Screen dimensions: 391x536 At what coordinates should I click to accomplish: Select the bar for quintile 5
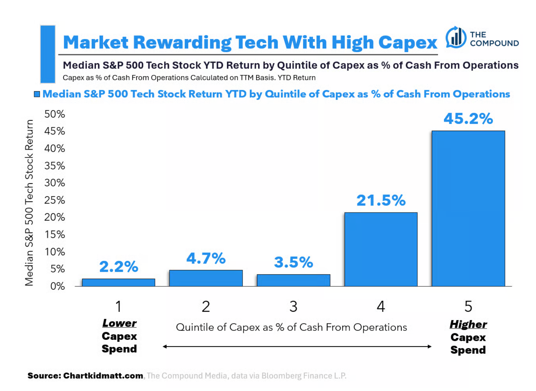[x=468, y=208]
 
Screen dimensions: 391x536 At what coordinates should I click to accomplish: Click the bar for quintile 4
[x=381, y=249]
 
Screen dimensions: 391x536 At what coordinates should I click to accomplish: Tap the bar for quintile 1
[x=118, y=282]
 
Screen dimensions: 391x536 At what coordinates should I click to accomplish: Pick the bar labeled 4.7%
[x=206, y=278]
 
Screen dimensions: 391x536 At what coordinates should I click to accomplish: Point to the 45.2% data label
[x=468, y=119]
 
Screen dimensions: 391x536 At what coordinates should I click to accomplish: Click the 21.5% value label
[x=381, y=201]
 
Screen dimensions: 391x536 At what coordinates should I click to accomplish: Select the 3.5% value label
[x=293, y=262]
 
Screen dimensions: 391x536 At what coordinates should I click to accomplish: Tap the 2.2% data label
[x=118, y=267]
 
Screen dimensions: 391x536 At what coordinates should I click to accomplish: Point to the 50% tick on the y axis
[x=54, y=114]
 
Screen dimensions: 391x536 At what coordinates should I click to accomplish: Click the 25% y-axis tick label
[x=54, y=200]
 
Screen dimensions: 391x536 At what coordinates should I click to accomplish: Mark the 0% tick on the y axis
[x=57, y=286]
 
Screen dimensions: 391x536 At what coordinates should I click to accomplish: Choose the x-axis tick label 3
[x=293, y=306]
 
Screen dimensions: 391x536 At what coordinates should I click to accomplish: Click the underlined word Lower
[x=119, y=323]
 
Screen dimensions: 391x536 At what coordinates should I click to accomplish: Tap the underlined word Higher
[x=468, y=324]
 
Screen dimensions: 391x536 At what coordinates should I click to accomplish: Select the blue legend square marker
[x=37, y=94]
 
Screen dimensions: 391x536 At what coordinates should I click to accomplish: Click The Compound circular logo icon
[x=456, y=37]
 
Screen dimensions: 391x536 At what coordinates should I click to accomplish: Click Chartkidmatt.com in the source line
[x=103, y=376]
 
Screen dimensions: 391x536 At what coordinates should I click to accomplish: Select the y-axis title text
[x=29, y=203]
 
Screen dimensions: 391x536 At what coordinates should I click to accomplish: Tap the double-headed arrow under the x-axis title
[x=297, y=347]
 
